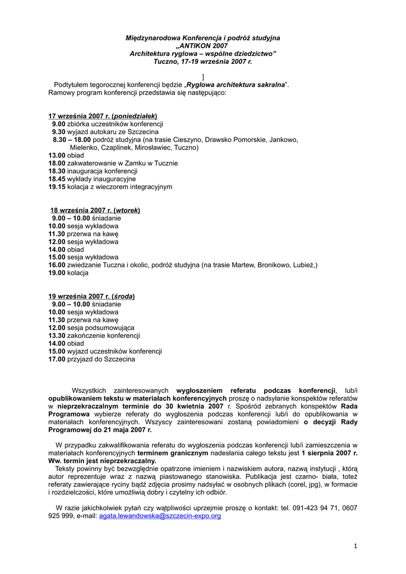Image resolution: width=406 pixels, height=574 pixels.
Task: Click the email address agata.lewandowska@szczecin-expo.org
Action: (x=160, y=516)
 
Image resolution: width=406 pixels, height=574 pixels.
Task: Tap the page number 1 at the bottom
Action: (x=356, y=545)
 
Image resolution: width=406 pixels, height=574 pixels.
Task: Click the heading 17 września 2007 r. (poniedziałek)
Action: (x=103, y=115)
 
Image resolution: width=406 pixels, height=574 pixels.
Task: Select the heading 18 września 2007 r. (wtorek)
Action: (x=95, y=210)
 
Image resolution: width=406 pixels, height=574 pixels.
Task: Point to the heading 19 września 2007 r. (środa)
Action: (x=91, y=296)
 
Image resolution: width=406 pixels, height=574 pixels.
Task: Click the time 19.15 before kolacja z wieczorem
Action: (x=57, y=187)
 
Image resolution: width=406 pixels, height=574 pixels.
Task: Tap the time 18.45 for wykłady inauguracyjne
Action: (x=57, y=179)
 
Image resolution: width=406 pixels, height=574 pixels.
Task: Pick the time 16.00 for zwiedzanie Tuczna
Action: (x=57, y=265)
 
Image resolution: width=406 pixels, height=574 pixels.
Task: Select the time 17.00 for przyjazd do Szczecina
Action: (x=57, y=359)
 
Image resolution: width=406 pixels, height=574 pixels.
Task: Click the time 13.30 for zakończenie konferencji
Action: (x=57, y=335)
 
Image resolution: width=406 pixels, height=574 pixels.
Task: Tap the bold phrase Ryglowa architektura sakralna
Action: (x=236, y=84)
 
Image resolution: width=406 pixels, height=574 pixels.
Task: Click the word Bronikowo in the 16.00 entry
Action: (x=277, y=265)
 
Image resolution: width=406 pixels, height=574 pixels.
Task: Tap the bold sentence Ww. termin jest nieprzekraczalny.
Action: (x=102, y=461)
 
